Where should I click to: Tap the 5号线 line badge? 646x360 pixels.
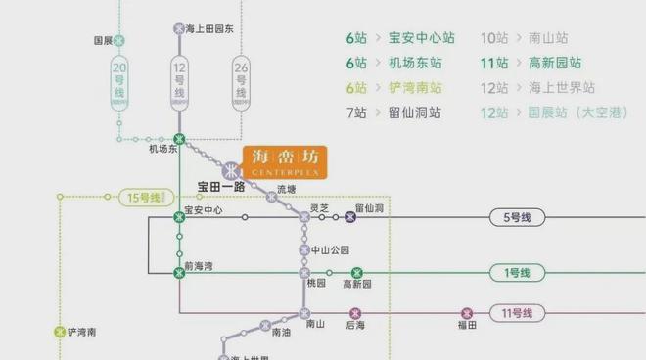coord(516,217)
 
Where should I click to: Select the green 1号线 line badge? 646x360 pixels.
coord(516,273)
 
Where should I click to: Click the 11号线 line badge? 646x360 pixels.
coord(516,313)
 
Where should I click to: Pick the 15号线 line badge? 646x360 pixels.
coord(144,198)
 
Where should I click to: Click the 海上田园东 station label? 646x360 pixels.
coord(209,29)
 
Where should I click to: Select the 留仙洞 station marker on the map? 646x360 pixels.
coord(350,217)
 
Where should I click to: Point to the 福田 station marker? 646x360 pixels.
coord(465,313)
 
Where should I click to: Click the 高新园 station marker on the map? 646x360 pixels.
coord(356,273)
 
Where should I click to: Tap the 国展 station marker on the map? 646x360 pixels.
coord(119,41)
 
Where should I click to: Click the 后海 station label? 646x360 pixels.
coord(355,326)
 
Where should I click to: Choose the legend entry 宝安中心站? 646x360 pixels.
coord(421,38)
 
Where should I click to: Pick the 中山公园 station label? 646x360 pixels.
coord(330,249)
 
